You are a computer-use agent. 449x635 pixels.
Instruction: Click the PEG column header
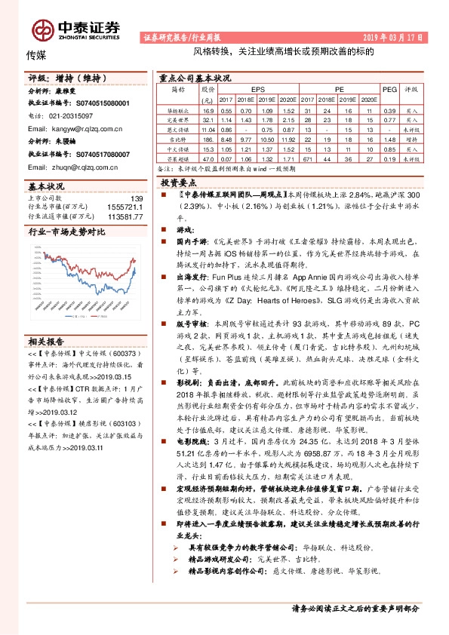click(x=389, y=89)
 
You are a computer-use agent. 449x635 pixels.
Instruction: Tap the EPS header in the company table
click(x=258, y=89)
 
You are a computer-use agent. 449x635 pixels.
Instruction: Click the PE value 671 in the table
click(x=309, y=160)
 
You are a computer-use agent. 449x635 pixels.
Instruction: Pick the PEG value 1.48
click(x=389, y=140)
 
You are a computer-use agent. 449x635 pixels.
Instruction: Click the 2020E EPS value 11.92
click(x=288, y=140)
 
